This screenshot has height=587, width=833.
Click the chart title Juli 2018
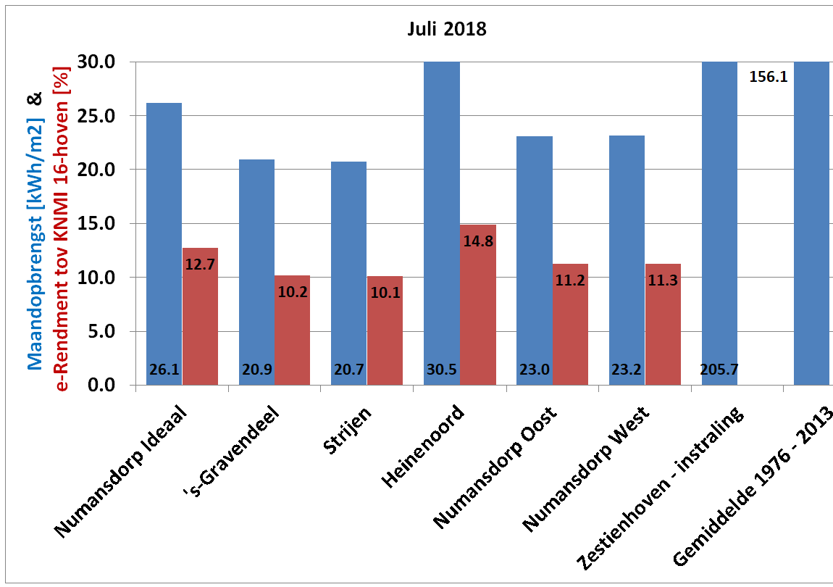445,30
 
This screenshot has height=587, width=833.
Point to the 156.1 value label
768,76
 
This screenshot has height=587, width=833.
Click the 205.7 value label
719,370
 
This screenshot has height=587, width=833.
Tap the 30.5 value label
441,370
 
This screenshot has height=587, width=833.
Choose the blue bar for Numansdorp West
627,261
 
